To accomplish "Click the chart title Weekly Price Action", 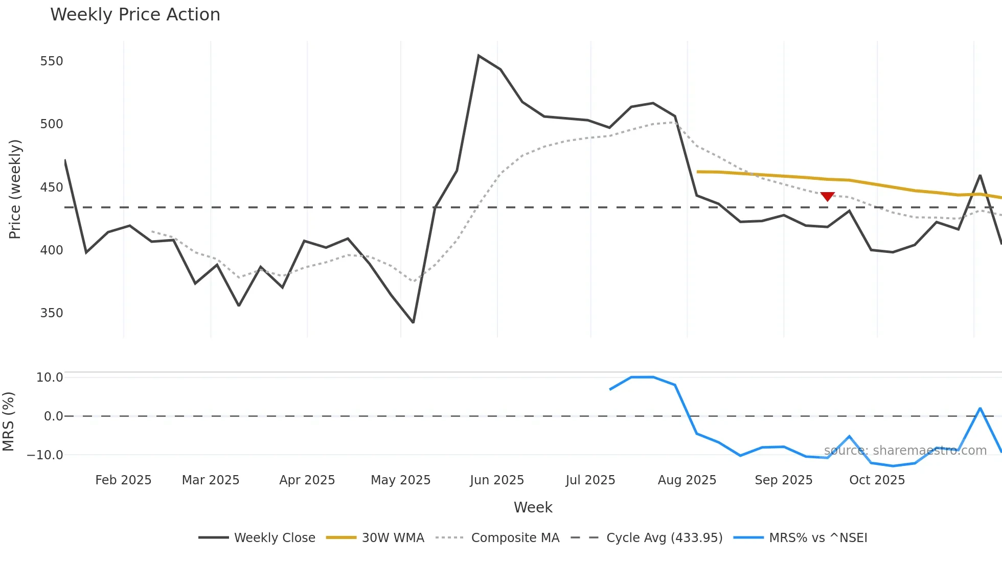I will pos(135,15).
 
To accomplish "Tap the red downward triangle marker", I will pos(827,196).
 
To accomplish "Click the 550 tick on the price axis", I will pos(52,61).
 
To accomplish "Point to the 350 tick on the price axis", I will pos(52,313).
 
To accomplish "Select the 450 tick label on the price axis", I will pos(52,187).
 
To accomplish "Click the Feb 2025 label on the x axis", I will pos(123,480).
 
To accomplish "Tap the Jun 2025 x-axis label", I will pos(497,480).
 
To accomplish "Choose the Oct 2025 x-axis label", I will pos(877,480).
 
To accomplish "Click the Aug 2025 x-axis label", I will pos(687,480).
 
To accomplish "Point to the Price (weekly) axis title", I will pos(15,189).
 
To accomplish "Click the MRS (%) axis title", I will pos(9,421).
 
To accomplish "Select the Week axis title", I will pos(533,507).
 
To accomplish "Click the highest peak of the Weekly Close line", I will pos(479,55).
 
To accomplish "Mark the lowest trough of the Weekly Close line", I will pos(413,322).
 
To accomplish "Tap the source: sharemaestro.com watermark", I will pos(905,451).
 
